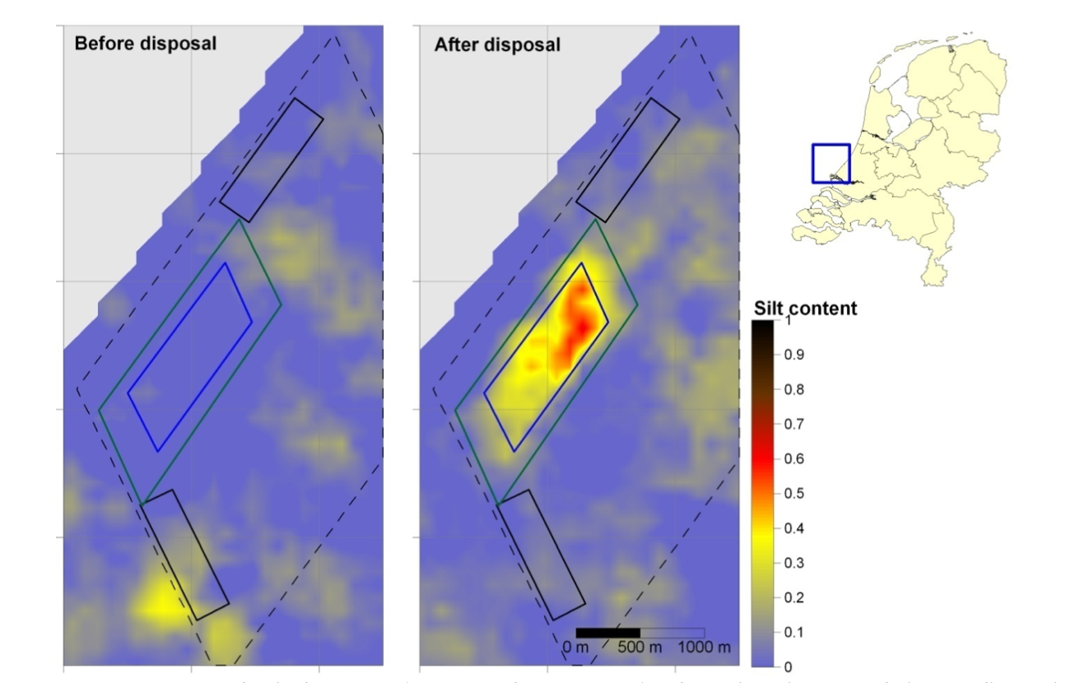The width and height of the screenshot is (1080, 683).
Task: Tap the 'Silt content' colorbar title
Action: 805,309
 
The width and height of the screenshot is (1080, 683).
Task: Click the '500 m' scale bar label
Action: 640,647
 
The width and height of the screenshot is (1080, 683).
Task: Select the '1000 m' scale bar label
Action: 704,647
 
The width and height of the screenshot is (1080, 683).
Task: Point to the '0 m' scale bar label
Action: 578,647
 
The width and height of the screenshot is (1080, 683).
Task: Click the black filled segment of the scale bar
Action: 607,632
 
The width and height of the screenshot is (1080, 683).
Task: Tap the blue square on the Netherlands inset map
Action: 831,163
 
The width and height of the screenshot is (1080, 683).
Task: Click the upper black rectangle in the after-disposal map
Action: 628,160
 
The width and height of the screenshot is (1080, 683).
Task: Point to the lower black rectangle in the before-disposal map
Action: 185,555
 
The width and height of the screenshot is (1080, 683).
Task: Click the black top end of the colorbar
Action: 762,325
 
